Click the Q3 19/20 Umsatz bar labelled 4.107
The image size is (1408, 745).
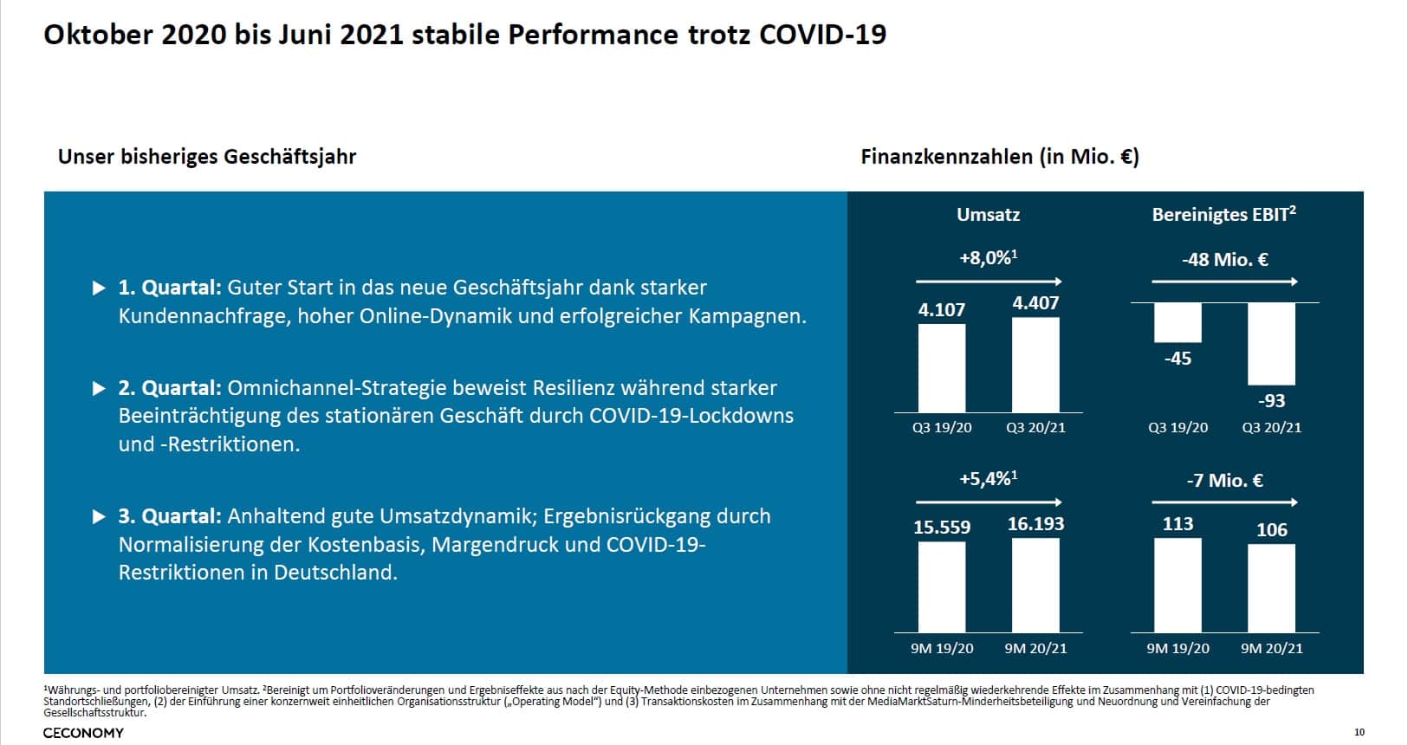tap(941, 368)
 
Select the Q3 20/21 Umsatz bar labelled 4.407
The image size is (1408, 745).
tap(1035, 365)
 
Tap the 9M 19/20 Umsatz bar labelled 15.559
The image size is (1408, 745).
tap(941, 586)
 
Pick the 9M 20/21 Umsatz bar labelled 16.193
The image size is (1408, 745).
tap(1035, 585)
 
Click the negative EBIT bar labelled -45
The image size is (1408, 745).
tap(1178, 322)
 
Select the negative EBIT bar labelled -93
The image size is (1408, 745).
tap(1271, 343)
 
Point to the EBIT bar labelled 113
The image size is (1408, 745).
tap(1178, 585)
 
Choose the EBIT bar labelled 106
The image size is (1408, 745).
tap(1271, 587)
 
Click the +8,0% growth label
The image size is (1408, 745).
tap(988, 258)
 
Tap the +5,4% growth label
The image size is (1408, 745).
tap(988, 479)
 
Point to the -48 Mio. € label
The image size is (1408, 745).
tap(1224, 259)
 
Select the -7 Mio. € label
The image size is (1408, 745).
tap(1224, 480)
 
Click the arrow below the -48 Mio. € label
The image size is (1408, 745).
tap(1224, 282)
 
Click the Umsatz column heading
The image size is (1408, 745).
tap(988, 215)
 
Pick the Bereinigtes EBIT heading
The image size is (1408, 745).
tap(1223, 215)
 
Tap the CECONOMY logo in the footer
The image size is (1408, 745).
tap(83, 733)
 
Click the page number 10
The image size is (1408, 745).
tap(1359, 733)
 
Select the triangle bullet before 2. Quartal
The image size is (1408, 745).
tap(99, 388)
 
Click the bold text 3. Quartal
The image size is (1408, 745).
tap(170, 516)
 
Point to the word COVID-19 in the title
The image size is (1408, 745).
tap(822, 35)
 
